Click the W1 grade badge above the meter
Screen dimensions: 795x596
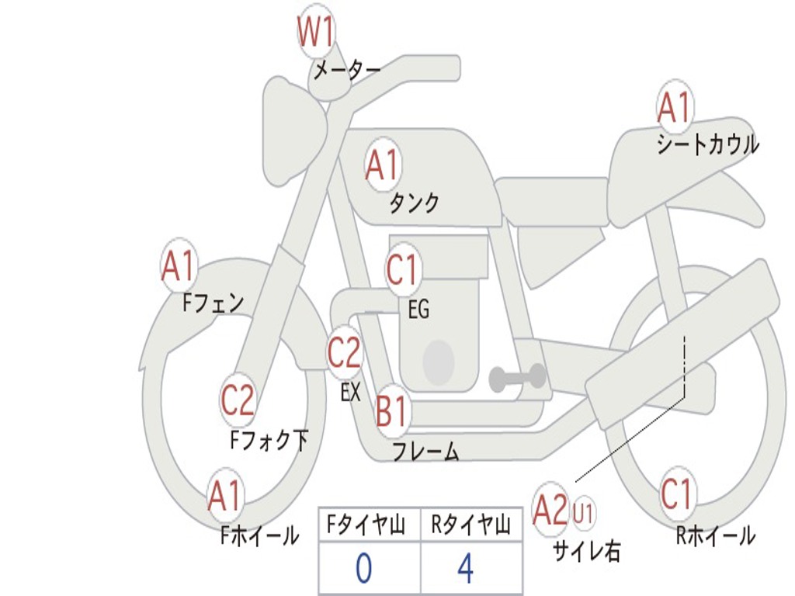point(316,33)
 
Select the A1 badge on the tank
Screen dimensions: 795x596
point(382,165)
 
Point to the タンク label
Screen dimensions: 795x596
point(414,203)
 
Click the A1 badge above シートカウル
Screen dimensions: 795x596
point(674,107)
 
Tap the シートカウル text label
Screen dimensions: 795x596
point(707,145)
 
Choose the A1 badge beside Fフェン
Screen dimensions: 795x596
point(179,267)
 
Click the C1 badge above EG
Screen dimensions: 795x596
point(402,272)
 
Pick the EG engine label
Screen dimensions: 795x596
point(418,310)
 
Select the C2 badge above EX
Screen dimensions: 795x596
point(344,353)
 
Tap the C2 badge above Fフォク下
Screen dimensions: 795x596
point(238,400)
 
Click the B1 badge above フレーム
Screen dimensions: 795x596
point(392,411)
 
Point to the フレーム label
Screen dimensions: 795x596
point(425,451)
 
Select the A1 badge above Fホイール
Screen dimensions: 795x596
point(225,496)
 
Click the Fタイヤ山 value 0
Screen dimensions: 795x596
point(363,569)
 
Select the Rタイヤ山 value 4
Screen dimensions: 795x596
point(465,569)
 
